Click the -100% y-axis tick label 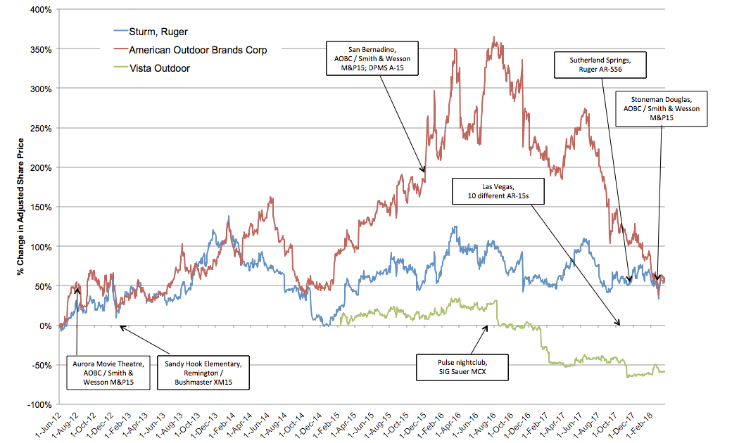(x=40, y=405)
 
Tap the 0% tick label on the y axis (x=46, y=326)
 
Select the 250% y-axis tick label (x=42, y=129)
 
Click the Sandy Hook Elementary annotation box (x=203, y=373)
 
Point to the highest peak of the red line (x=495, y=37)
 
